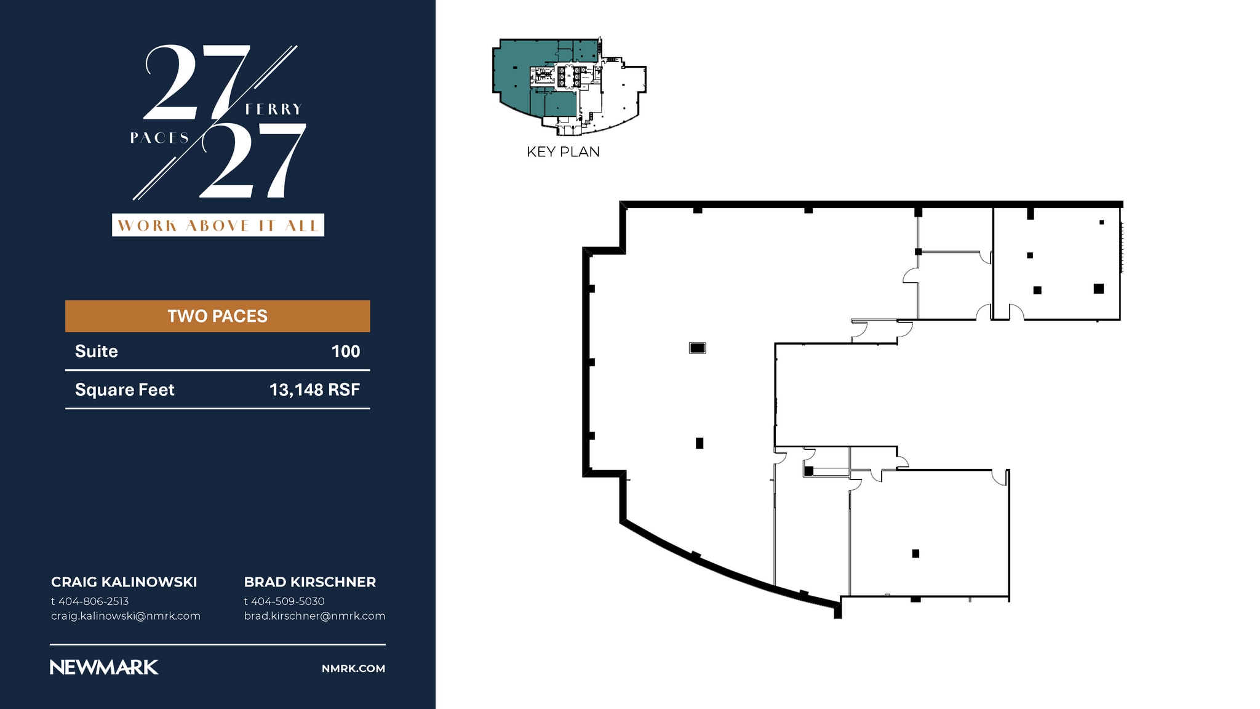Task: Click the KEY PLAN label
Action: pos(563,152)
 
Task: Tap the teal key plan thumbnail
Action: pos(569,86)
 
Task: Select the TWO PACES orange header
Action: pos(218,316)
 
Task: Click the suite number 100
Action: pos(346,351)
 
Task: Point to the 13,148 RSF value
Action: pos(314,390)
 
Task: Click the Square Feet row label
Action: pos(125,390)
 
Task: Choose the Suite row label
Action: pos(97,351)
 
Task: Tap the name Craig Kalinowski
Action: pos(124,582)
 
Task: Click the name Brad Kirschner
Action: pos(310,582)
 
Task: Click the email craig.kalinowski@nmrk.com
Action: pos(126,616)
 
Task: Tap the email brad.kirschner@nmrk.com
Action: pos(314,616)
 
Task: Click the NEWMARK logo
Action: pos(104,668)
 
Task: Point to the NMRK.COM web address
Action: pos(354,668)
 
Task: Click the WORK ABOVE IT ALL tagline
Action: pos(218,225)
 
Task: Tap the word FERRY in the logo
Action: pos(274,110)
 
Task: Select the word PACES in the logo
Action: pos(159,138)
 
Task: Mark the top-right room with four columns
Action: pos(1056,263)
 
